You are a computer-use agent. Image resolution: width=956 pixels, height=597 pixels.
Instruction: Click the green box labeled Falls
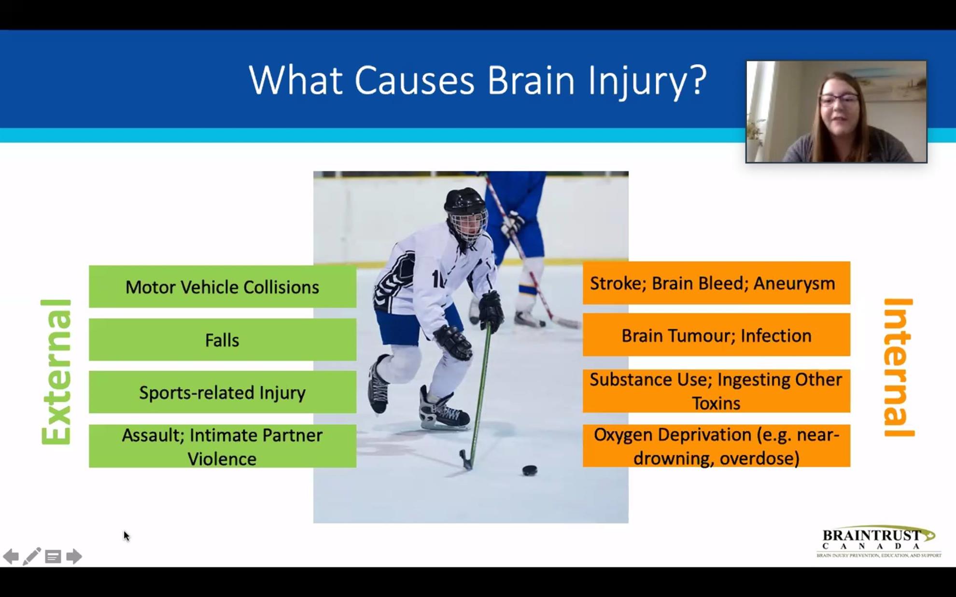pos(223,339)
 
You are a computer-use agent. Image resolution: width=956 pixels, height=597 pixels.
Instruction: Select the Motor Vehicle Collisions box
pos(223,287)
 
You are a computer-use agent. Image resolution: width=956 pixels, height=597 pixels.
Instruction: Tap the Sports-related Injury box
pos(223,392)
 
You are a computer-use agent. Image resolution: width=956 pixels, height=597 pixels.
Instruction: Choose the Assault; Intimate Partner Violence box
pos(223,446)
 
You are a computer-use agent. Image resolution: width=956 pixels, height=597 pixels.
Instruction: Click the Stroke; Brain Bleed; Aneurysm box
pos(717,283)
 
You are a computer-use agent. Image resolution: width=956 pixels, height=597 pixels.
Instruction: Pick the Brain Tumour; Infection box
pos(717,335)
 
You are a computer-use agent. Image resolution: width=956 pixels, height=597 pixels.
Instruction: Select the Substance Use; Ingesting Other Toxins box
pos(717,391)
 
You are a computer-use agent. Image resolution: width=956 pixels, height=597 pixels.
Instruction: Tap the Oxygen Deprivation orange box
pos(717,446)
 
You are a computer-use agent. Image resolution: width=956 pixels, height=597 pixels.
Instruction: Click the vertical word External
pos(56,372)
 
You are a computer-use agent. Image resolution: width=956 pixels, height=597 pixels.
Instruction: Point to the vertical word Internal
pos(899,368)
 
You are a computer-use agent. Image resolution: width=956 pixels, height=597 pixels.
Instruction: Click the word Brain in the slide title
pos(531,80)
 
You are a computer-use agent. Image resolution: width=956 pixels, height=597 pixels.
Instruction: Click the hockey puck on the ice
pos(530,470)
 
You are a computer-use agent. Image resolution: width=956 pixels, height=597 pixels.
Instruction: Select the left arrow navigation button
pos(11,556)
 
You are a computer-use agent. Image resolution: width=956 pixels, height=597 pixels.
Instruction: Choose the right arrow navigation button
pos(74,556)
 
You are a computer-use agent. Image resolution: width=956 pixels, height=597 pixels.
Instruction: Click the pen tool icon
pos(32,556)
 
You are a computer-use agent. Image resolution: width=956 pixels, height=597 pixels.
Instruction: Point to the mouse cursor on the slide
pos(127,536)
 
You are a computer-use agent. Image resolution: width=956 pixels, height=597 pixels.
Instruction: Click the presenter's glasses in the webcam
pos(839,100)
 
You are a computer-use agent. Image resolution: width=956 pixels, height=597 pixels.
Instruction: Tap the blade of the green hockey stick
pos(465,460)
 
